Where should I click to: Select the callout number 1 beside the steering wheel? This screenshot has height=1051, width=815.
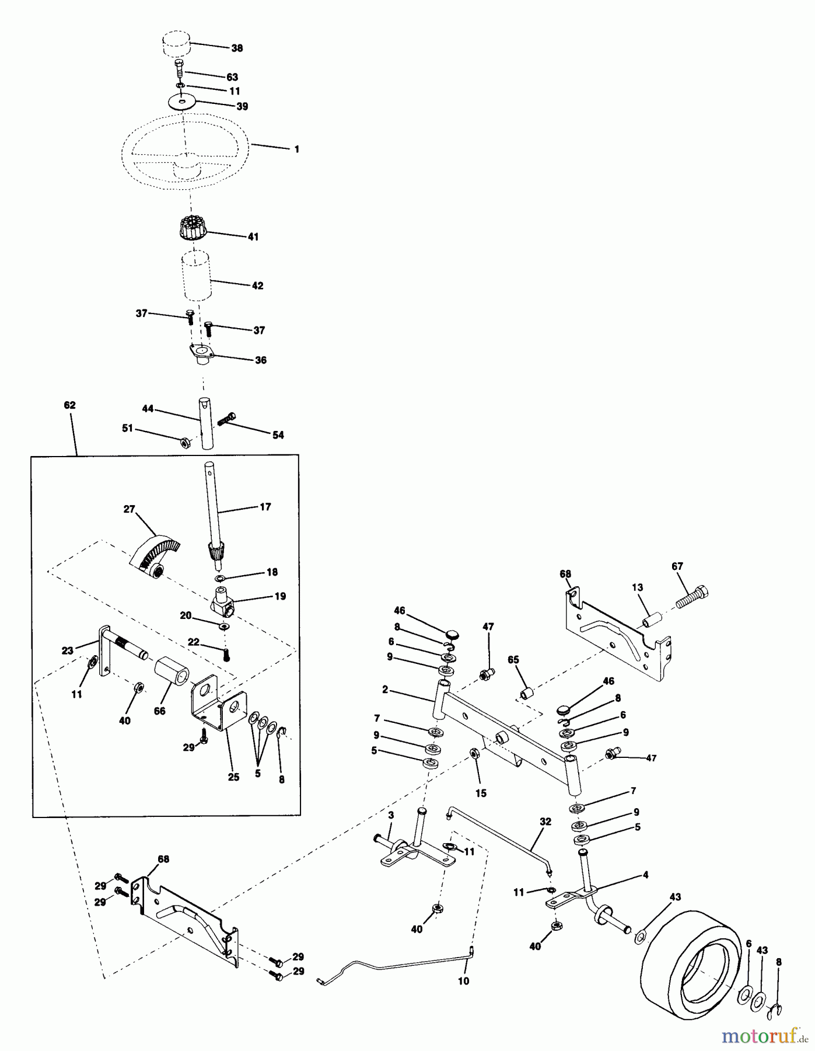296,149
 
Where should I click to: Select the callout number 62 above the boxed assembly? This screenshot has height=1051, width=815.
69,405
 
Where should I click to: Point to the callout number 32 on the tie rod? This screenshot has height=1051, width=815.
545,822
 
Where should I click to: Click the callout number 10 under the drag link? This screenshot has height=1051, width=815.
463,981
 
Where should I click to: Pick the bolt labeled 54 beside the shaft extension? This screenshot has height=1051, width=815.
226,418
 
